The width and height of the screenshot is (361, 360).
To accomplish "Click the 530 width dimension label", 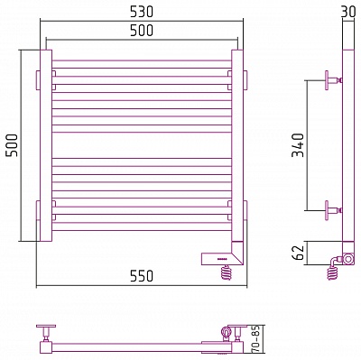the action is pos(142,12).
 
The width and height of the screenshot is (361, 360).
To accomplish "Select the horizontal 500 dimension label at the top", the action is pos(142,31).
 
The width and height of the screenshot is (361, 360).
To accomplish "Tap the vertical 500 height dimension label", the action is pos(13,145).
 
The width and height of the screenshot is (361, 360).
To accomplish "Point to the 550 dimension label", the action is pos(142,276).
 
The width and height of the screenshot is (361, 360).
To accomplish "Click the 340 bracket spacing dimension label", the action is pos(299,145).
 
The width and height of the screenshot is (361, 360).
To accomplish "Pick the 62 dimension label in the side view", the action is pos(299,253).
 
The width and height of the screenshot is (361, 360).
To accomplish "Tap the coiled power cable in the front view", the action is pos(226,272).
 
